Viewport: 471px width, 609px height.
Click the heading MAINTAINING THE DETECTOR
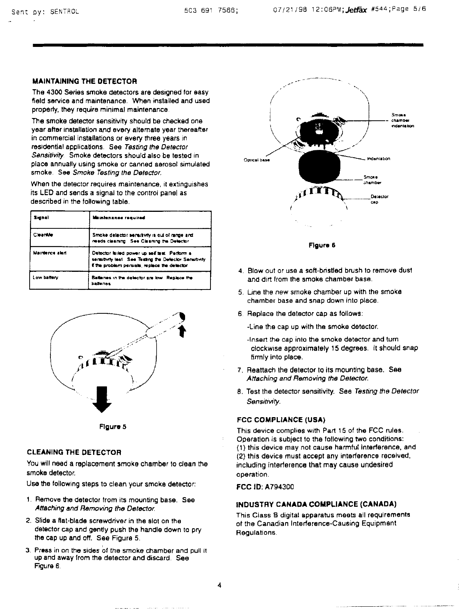pos(84,82)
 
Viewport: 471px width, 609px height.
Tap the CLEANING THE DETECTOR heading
pos(74,452)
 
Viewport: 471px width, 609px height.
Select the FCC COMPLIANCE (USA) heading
pos(281,419)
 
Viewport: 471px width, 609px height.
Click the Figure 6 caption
pos(322,245)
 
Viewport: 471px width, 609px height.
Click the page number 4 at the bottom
pos(219,586)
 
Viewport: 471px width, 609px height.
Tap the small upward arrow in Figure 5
pos(183,330)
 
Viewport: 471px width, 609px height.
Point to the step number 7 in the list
pos(239,370)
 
